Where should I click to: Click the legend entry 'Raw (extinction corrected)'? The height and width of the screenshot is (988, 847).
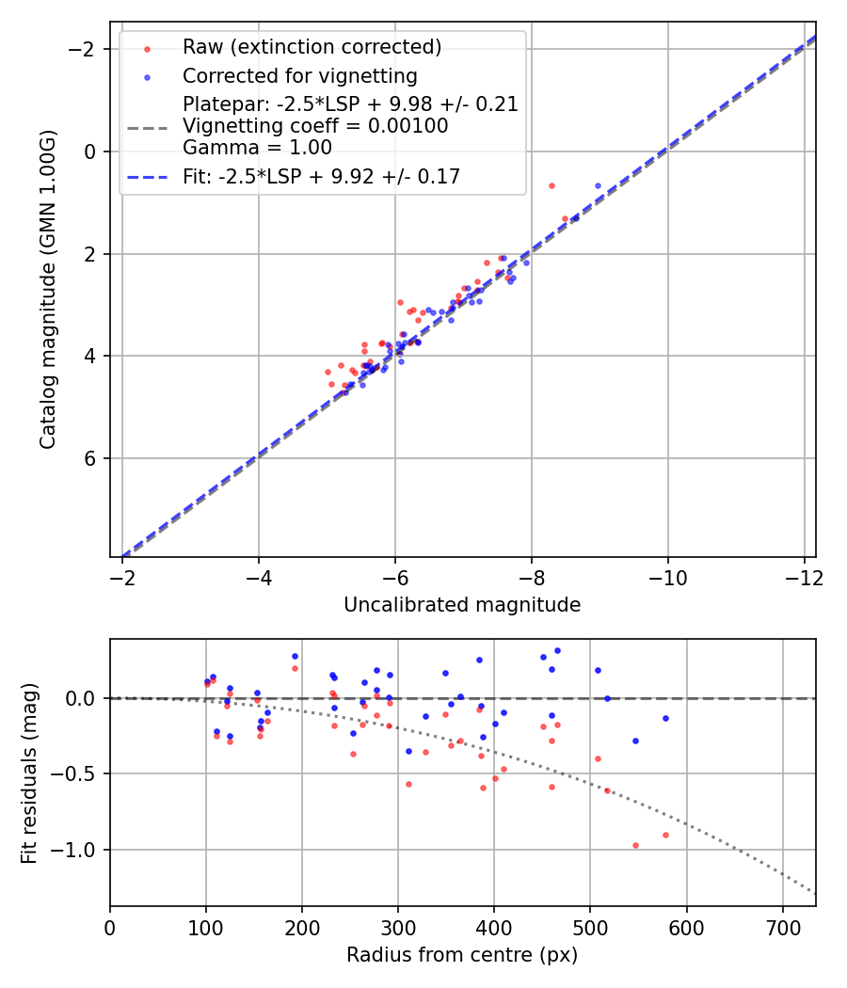pyautogui.click(x=312, y=47)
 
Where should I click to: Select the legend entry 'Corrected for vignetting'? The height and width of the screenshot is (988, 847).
pyautogui.click(x=299, y=75)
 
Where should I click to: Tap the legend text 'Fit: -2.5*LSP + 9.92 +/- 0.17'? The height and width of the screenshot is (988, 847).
pyautogui.click(x=321, y=177)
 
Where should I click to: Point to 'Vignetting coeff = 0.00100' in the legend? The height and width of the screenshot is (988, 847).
pyautogui.click(x=315, y=126)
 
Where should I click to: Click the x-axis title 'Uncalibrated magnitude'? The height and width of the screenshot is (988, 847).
pyautogui.click(x=462, y=605)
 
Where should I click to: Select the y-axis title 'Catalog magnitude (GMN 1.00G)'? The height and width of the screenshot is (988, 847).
pyautogui.click(x=49, y=289)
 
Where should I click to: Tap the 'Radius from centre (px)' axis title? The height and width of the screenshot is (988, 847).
pyautogui.click(x=462, y=955)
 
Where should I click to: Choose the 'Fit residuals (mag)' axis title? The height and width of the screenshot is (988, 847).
pyautogui.click(x=29, y=773)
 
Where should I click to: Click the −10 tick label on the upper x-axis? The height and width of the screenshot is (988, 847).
pyautogui.click(x=667, y=576)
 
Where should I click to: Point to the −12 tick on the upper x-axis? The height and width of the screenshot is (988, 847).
pyautogui.click(x=803, y=576)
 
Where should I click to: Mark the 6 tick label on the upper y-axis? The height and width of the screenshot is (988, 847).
pyautogui.click(x=90, y=458)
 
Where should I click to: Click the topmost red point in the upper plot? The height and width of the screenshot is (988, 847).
pyautogui.click(x=551, y=185)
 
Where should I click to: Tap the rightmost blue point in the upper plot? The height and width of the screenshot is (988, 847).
pyautogui.click(x=598, y=185)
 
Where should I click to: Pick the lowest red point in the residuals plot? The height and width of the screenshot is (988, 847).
pyautogui.click(x=635, y=845)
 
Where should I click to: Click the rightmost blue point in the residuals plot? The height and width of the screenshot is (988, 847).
pyautogui.click(x=665, y=718)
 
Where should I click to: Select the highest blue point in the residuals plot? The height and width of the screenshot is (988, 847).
pyautogui.click(x=557, y=650)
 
